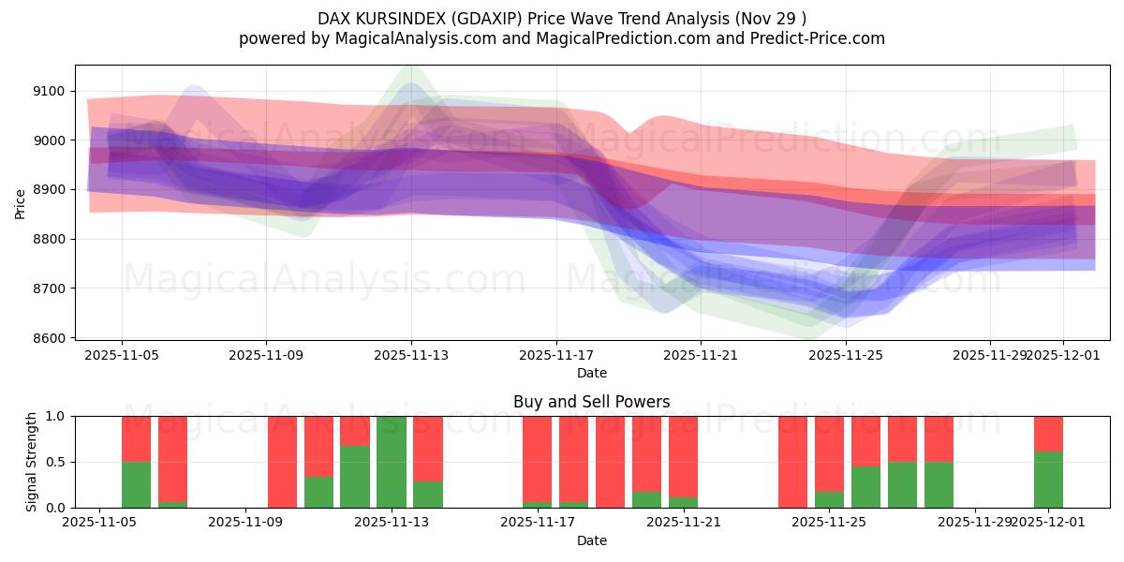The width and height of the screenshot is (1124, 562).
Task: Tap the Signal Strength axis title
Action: [33, 462]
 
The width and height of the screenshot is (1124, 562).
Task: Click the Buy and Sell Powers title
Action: [591, 402]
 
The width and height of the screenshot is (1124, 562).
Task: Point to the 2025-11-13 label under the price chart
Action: [411, 355]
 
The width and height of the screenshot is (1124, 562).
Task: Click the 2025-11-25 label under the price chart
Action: [846, 355]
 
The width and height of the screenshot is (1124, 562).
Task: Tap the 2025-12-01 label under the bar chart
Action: [1048, 521]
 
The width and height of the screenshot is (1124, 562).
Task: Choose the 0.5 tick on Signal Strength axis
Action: [56, 462]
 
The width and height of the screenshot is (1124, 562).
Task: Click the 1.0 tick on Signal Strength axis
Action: [56, 416]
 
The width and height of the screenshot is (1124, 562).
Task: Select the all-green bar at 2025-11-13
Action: [392, 462]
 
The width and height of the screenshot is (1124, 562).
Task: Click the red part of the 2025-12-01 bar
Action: [1048, 433]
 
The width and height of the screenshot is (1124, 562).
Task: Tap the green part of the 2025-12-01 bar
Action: [1048, 480]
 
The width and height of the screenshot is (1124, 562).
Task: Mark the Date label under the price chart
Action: [591, 373]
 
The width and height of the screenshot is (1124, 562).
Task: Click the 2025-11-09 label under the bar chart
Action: [245, 521]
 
